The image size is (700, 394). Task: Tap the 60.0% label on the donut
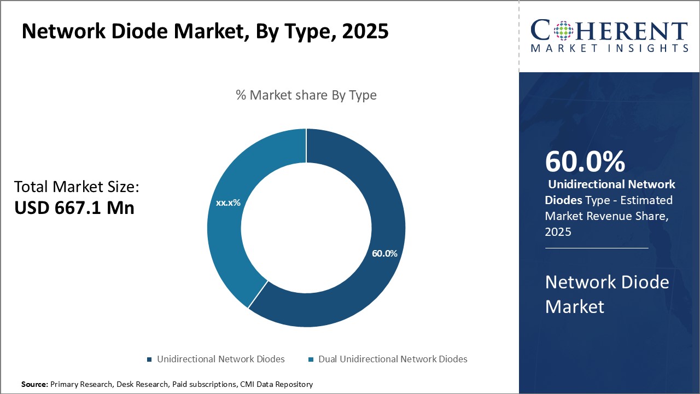pyautogui.click(x=384, y=254)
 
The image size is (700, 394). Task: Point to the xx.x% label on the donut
pyautogui.click(x=228, y=202)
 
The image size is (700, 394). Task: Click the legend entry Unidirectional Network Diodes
pyautogui.click(x=220, y=359)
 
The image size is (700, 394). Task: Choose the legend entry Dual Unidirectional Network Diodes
pyautogui.click(x=392, y=359)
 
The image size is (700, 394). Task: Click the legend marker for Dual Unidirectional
pyautogui.click(x=311, y=360)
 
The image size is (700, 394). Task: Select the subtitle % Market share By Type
pyautogui.click(x=306, y=95)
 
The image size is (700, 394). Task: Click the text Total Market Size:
pyautogui.click(x=77, y=187)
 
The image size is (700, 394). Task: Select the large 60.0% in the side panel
pyautogui.click(x=585, y=161)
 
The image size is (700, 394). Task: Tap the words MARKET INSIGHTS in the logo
pyautogui.click(x=609, y=48)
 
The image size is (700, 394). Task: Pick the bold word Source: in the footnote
pyautogui.click(x=34, y=384)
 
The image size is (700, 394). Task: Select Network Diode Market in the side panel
pyautogui.click(x=606, y=294)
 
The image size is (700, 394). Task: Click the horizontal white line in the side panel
pyautogui.click(x=596, y=248)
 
